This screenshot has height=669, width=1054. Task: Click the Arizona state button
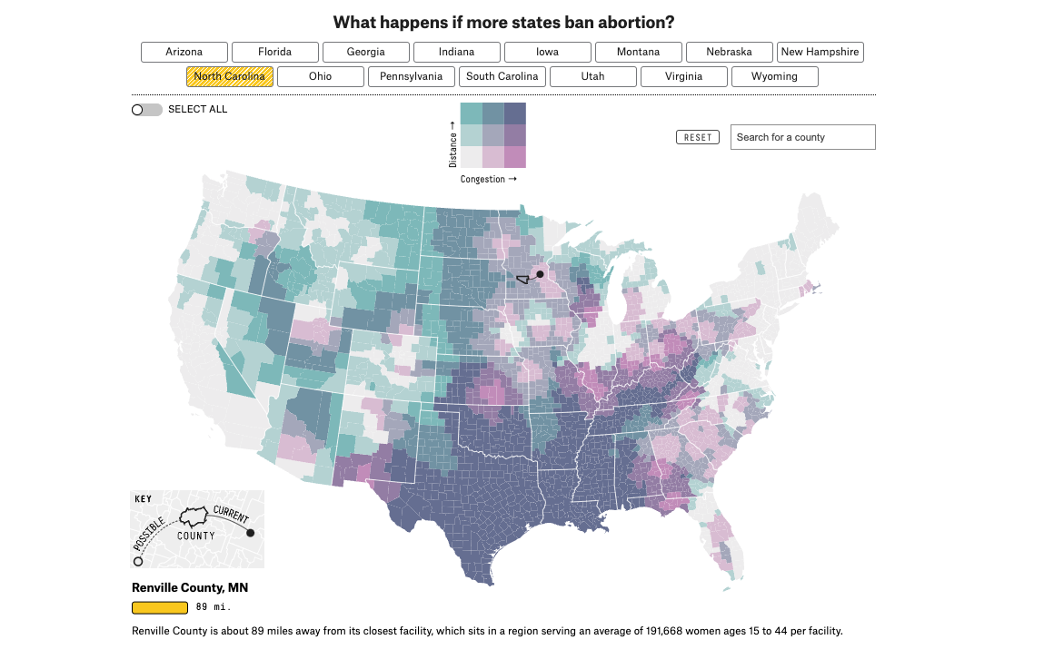click(x=184, y=52)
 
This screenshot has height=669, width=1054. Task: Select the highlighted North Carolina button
click(x=230, y=76)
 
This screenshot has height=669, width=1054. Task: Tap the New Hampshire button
click(x=820, y=52)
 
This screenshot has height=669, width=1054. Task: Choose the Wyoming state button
click(x=774, y=76)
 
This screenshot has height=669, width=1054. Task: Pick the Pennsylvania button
click(x=412, y=76)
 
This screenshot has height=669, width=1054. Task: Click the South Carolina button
click(x=502, y=76)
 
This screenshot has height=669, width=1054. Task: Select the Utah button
click(x=592, y=76)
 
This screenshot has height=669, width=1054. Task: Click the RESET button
click(x=698, y=137)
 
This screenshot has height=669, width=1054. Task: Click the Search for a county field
click(x=802, y=137)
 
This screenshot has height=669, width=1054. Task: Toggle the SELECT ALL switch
click(x=146, y=110)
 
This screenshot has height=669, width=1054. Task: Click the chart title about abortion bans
click(x=503, y=22)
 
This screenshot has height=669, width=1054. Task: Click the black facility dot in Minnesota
click(x=540, y=274)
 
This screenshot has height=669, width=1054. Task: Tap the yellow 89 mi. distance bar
click(x=160, y=608)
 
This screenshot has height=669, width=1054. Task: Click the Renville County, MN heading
click(x=190, y=587)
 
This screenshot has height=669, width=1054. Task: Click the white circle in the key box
click(x=138, y=562)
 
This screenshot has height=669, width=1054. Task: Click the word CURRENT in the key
click(x=231, y=515)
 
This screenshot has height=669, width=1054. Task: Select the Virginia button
click(x=683, y=76)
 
